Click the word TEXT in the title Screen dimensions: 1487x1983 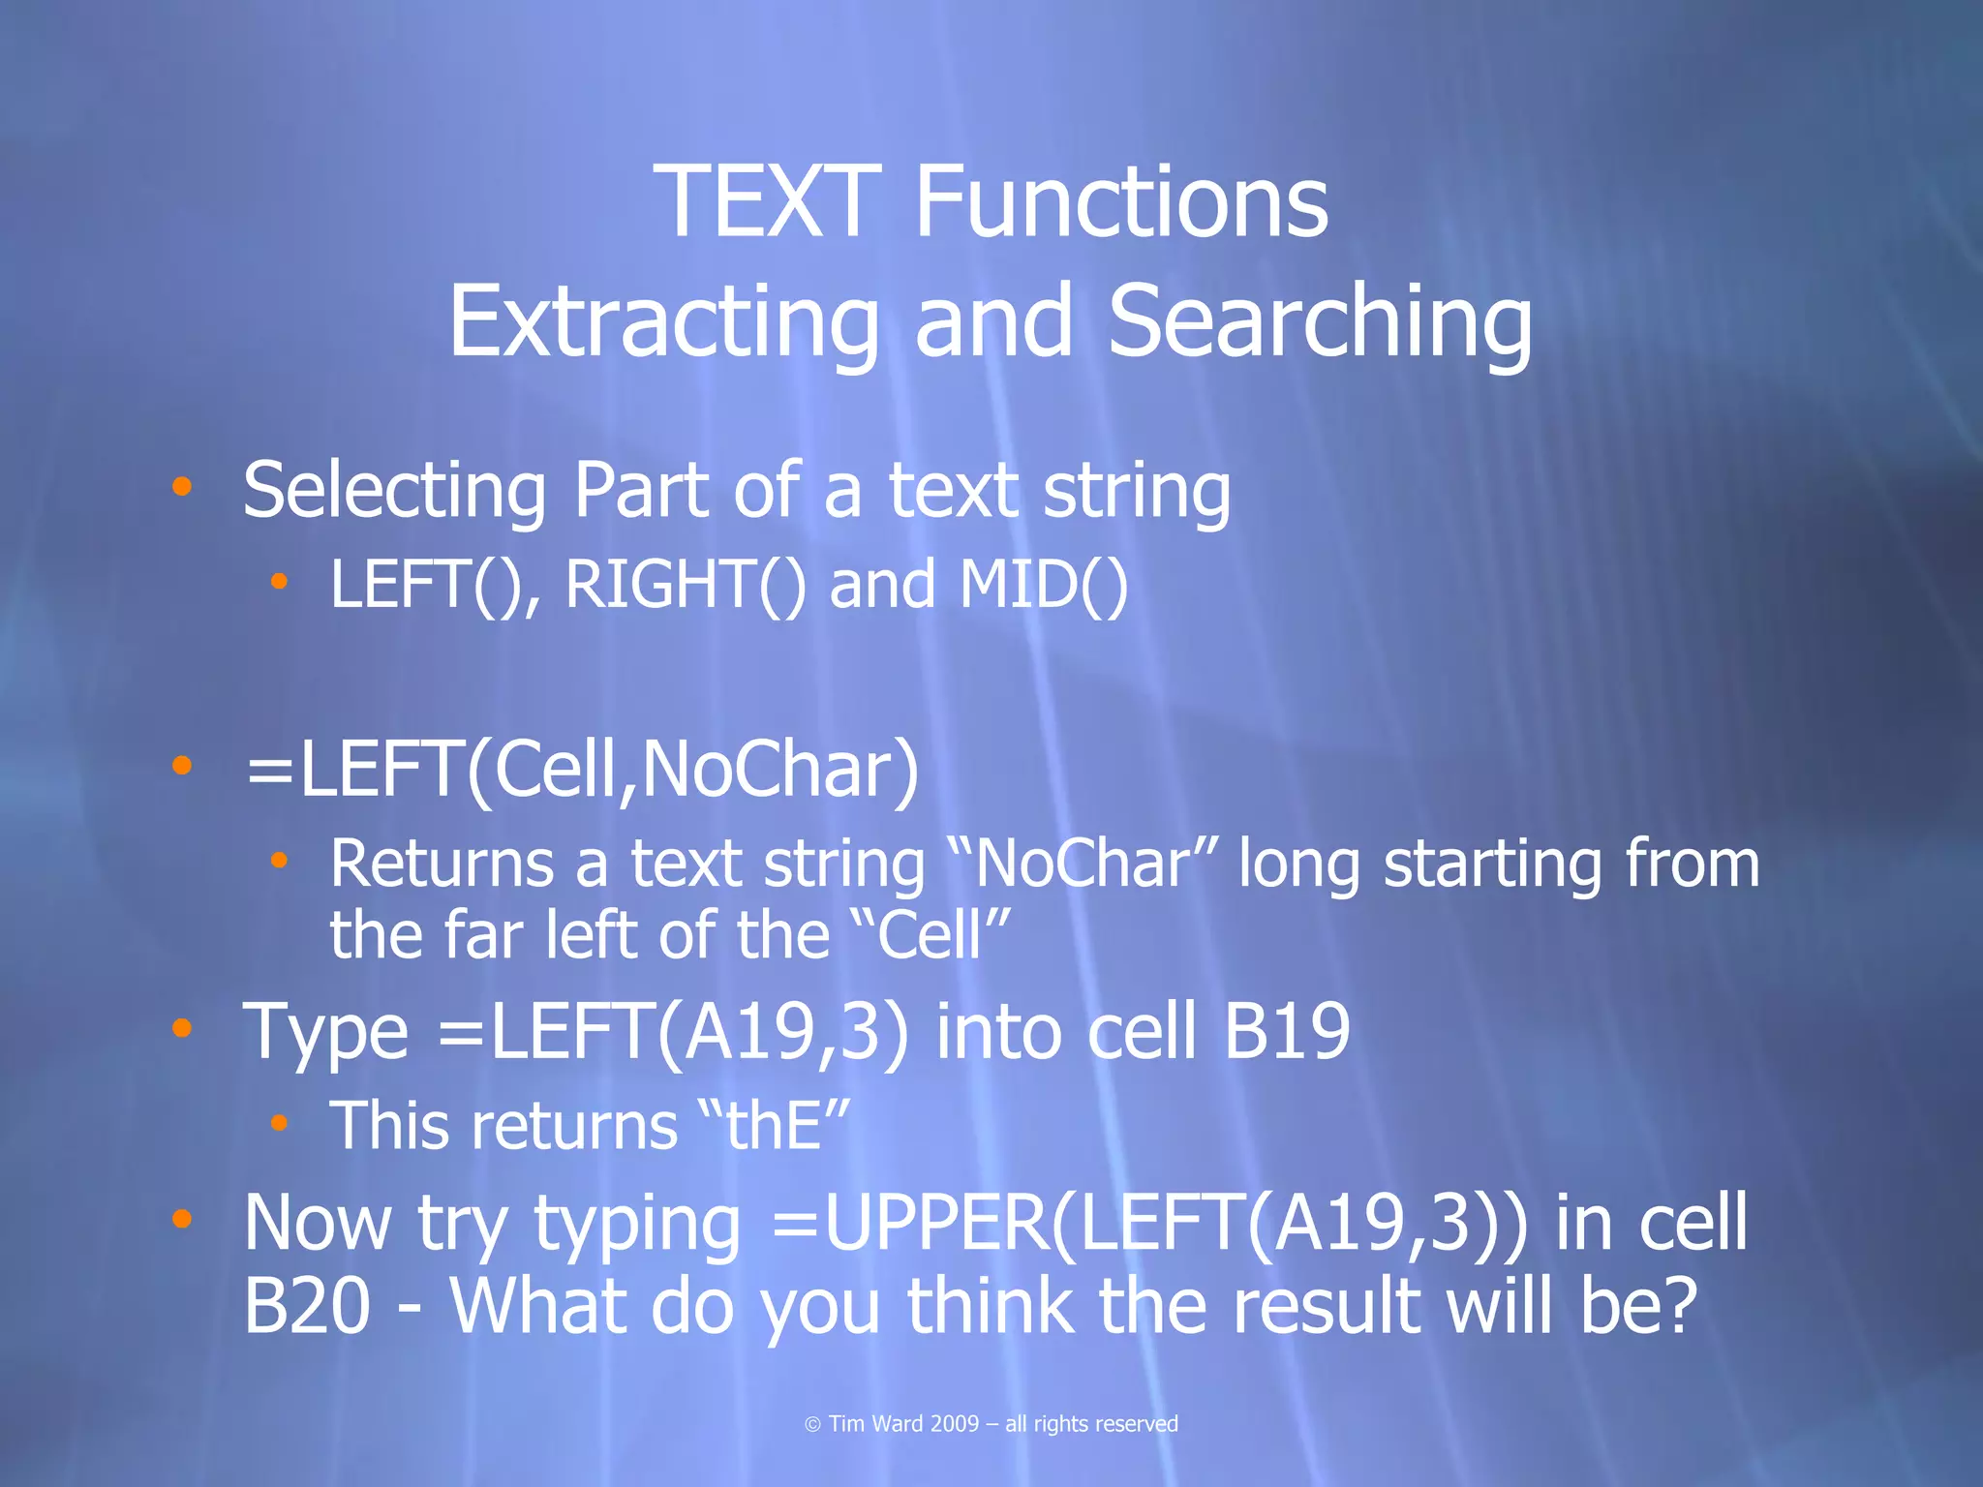[x=767, y=201]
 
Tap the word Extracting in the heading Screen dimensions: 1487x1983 [x=664, y=322]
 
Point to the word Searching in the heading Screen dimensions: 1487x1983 [x=1320, y=322]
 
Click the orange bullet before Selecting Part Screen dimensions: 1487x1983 [x=181, y=486]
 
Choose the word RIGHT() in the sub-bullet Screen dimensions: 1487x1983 [x=685, y=585]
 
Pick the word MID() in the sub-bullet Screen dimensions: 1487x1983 [x=1044, y=585]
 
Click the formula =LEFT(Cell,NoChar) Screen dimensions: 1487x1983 [x=581, y=770]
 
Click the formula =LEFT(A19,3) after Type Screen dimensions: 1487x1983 [x=673, y=1032]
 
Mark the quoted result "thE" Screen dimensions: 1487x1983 [x=773, y=1126]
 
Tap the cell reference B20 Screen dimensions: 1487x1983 [x=307, y=1306]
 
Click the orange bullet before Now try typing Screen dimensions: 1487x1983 [x=181, y=1219]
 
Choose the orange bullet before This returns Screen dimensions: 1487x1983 [x=280, y=1123]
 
